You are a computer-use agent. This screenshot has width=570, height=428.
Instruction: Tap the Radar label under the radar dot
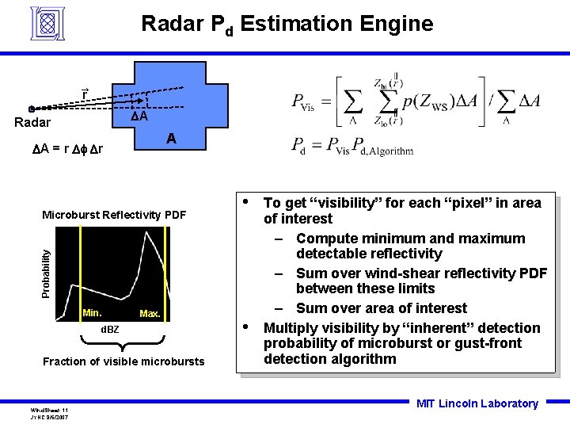[x=33, y=123]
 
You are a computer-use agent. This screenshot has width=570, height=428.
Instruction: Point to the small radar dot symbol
[x=31, y=109]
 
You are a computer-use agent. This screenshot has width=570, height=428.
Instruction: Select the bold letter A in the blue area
[x=171, y=139]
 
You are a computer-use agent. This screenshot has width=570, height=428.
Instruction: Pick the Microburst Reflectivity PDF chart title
[x=114, y=215]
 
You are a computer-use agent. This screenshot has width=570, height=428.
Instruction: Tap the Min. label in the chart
[x=92, y=313]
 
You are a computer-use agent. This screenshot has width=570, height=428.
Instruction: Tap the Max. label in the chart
[x=150, y=314]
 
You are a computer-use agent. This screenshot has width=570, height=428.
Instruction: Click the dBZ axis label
[x=109, y=329]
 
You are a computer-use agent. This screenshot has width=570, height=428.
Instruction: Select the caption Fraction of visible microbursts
[x=123, y=361]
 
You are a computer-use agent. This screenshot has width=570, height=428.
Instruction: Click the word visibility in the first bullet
[x=350, y=203]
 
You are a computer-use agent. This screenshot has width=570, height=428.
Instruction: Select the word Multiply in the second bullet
[x=291, y=328]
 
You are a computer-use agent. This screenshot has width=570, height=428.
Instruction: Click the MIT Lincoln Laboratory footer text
[x=477, y=403]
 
